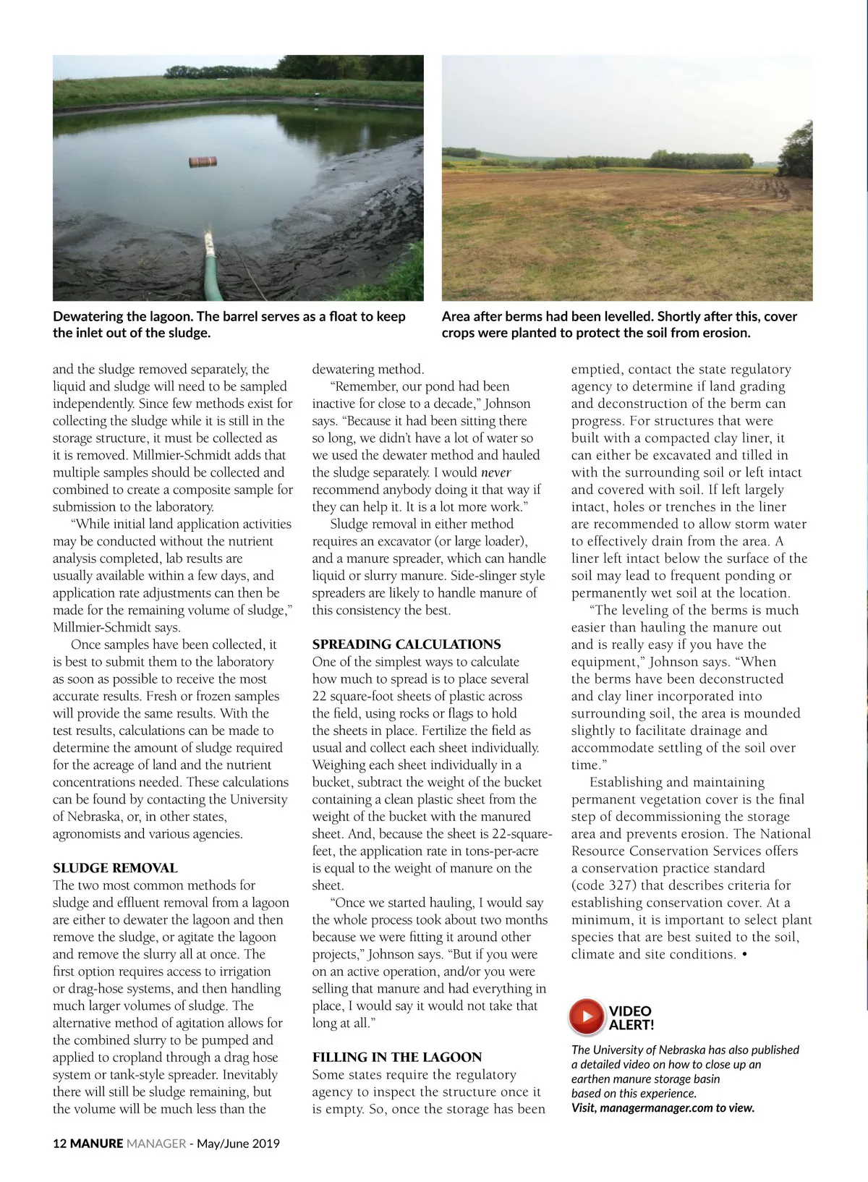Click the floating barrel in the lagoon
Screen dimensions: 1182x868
[203, 162]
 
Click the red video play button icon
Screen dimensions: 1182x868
[587, 1016]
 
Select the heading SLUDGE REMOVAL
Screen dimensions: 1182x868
[115, 868]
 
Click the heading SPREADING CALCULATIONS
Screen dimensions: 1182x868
[407, 645]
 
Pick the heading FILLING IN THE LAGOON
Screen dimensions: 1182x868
[397, 1058]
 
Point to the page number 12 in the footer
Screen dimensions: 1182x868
[59, 1144]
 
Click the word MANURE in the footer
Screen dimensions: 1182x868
[97, 1144]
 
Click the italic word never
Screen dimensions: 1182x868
[495, 472]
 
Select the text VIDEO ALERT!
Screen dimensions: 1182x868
[631, 1017]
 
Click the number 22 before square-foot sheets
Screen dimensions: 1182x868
[320, 696]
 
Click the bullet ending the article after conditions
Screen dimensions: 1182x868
[745, 955]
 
